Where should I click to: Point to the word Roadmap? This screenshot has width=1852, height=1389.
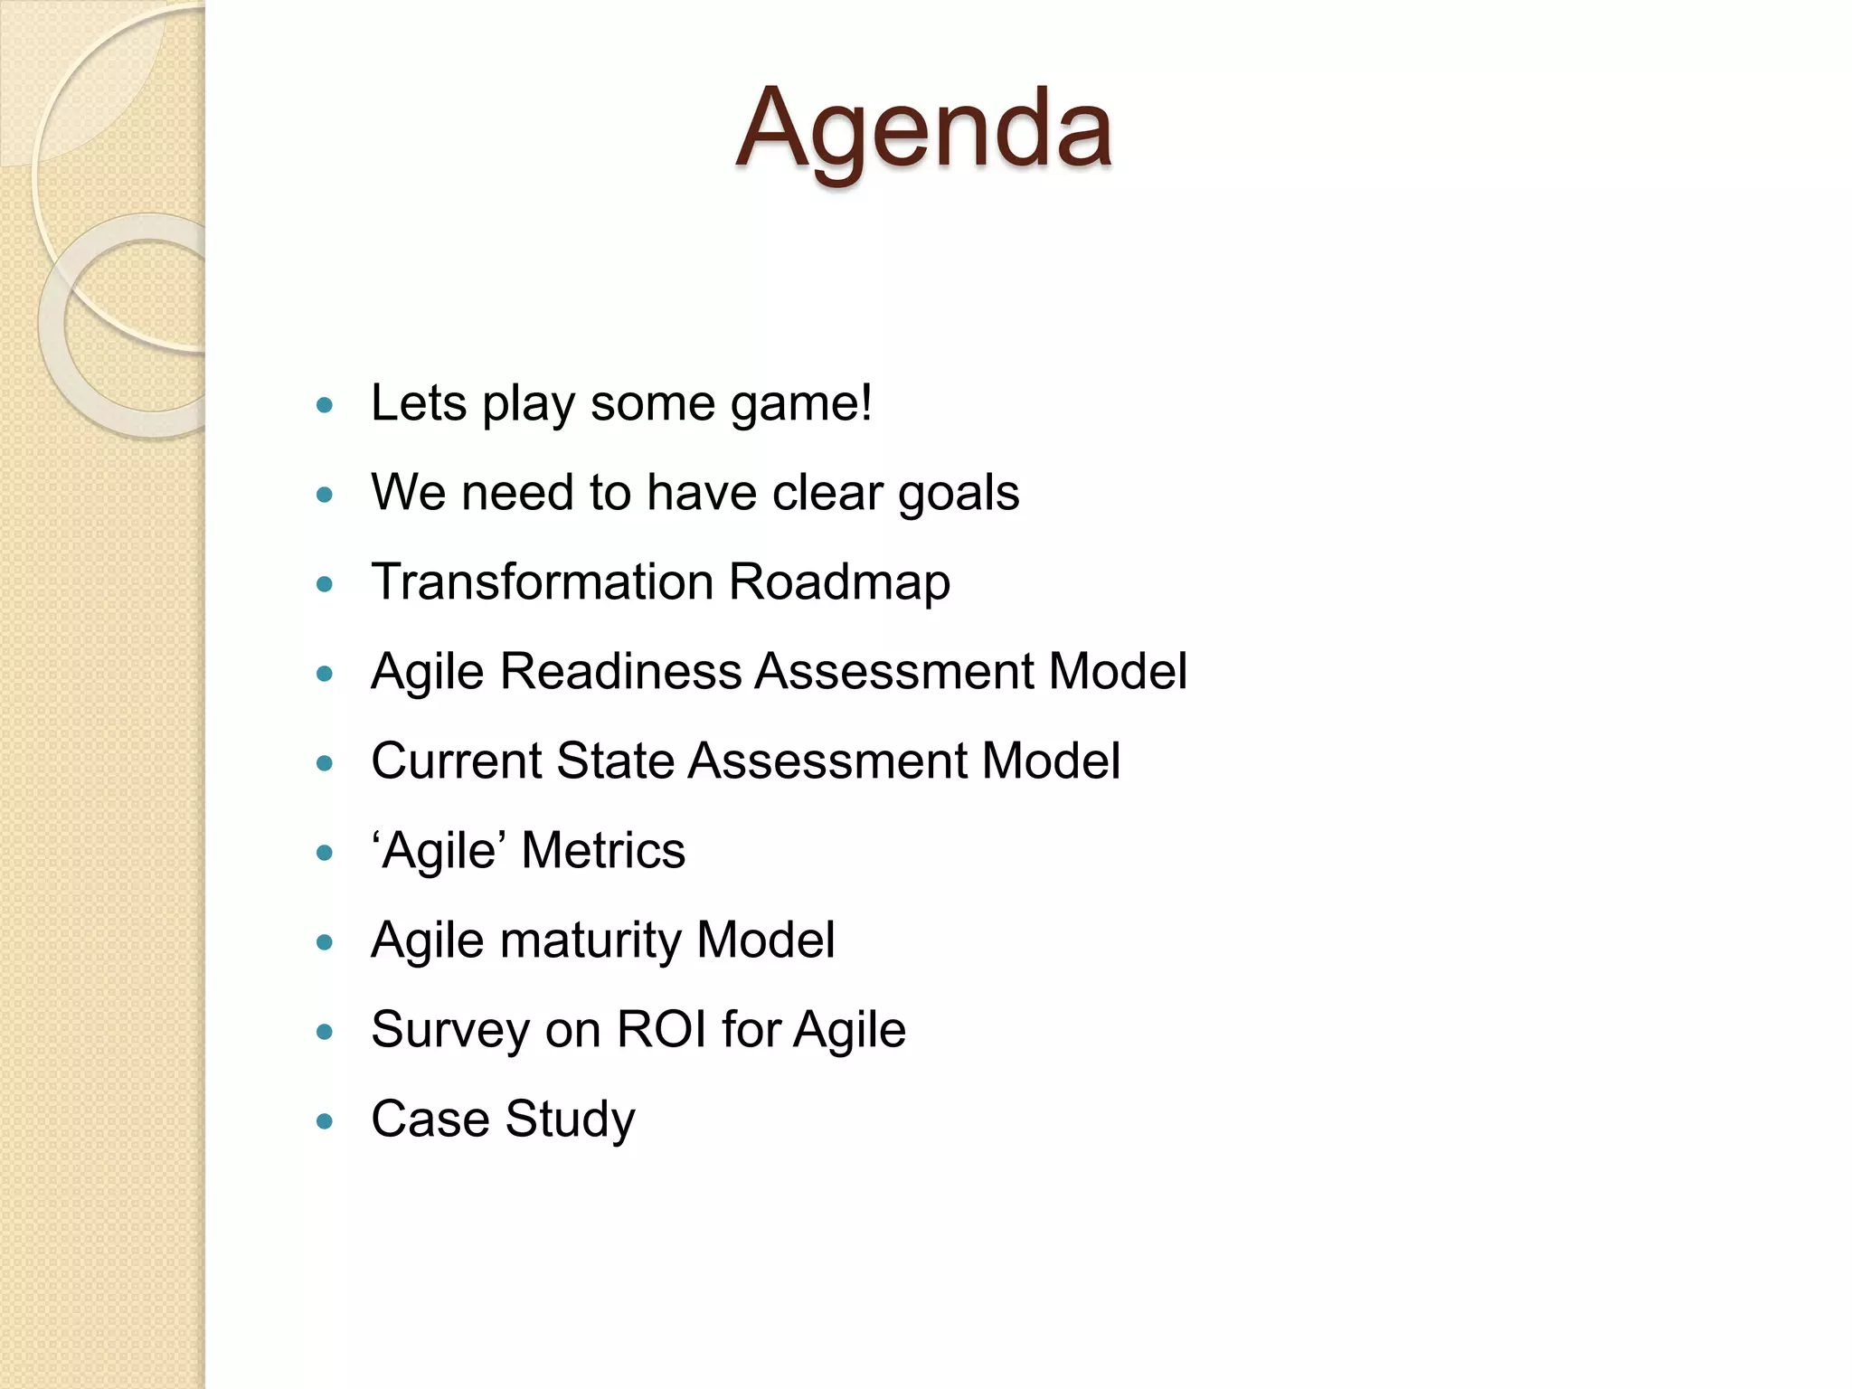[839, 581]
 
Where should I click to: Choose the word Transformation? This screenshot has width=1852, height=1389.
[542, 581]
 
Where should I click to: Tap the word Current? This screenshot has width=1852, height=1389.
[456, 761]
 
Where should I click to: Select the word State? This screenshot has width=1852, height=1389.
[614, 761]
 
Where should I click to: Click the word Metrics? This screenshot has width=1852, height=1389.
[603, 851]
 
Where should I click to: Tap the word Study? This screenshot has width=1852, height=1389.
[570, 1120]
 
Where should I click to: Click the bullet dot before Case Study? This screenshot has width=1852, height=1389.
[326, 1122]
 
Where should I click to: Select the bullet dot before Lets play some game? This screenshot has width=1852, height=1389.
[326, 405]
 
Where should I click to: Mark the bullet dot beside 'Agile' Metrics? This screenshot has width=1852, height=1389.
[326, 853]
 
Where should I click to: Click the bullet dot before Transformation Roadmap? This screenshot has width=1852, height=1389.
[326, 584]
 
